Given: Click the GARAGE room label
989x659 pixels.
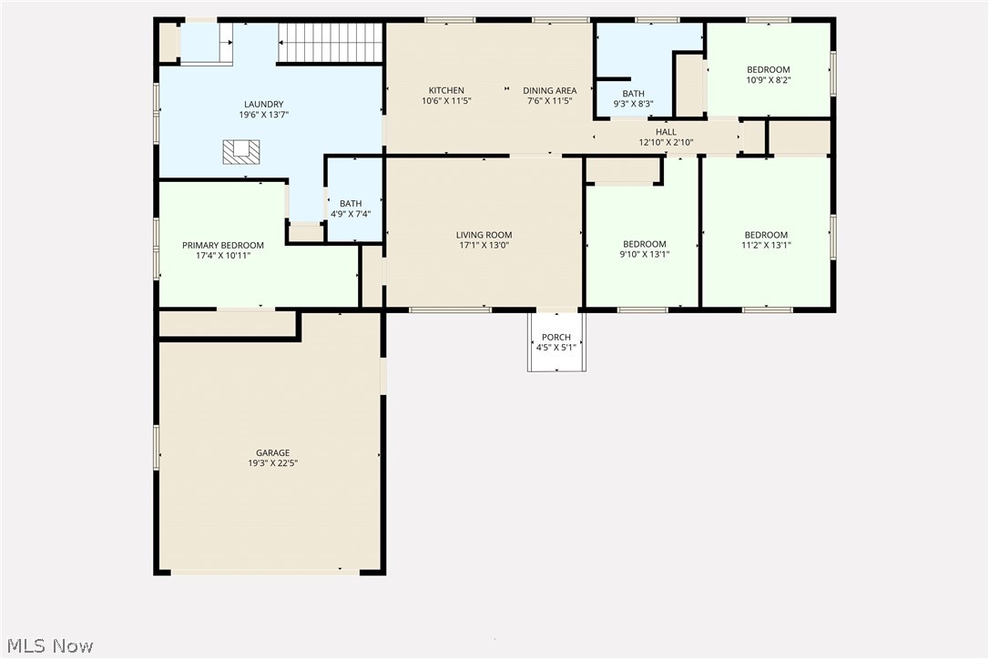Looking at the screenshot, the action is click(x=272, y=452).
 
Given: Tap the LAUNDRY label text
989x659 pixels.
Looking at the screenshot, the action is click(x=264, y=104).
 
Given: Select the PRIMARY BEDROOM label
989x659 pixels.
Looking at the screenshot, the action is click(x=222, y=246).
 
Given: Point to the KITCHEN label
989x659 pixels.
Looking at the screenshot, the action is click(x=446, y=90).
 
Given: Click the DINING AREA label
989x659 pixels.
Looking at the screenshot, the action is click(x=549, y=90).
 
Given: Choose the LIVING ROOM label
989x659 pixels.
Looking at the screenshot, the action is click(x=484, y=235).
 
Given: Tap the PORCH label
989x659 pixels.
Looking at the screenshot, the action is click(x=556, y=338).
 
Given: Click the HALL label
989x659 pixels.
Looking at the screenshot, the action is click(x=666, y=132).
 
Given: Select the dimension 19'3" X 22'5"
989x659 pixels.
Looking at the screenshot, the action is click(x=272, y=463).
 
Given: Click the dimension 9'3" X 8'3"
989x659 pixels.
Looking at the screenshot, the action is click(x=633, y=104).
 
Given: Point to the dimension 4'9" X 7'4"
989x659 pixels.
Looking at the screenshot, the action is click(x=351, y=214).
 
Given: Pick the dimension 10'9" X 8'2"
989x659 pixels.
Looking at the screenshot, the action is click(x=769, y=80).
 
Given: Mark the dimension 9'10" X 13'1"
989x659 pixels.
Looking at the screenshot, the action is click(x=645, y=255).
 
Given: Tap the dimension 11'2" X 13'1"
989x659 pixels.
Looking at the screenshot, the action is click(x=766, y=246).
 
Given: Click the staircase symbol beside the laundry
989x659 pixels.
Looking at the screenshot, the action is click(x=331, y=43).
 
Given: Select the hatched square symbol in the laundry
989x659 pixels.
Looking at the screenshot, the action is click(x=241, y=153).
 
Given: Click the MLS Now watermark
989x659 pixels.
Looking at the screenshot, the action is click(x=50, y=645).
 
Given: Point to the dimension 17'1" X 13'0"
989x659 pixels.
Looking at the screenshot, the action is click(x=484, y=246).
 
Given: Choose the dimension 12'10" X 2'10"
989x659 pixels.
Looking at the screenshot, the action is click(x=666, y=143).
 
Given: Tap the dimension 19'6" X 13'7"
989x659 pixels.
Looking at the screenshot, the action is click(x=264, y=115).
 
